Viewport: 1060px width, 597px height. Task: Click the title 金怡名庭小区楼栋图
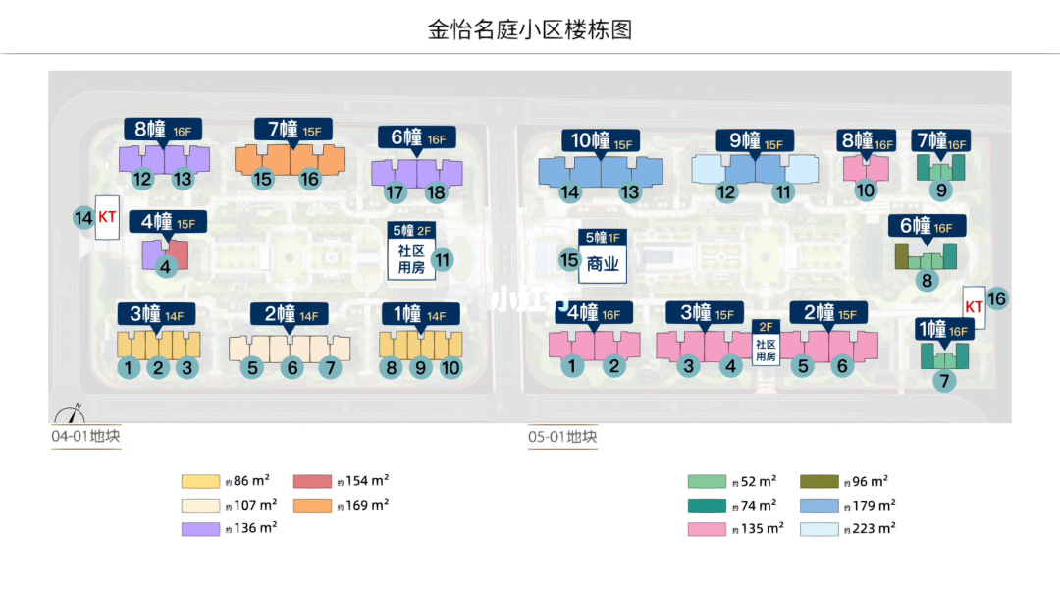coord(530,28)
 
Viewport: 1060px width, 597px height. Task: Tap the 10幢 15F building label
coord(599,140)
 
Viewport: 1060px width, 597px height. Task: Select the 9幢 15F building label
coord(753,140)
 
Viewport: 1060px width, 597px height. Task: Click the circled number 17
coord(395,193)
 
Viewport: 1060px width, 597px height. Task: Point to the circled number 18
coord(436,193)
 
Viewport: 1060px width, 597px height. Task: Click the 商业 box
coord(603,264)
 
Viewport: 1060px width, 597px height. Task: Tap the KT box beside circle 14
coord(107,218)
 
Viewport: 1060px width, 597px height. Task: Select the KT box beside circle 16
coord(974,306)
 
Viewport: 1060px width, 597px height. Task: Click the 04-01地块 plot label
coord(86,437)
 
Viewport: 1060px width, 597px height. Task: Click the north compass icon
coord(70,413)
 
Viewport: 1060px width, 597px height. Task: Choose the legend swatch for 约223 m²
coord(819,529)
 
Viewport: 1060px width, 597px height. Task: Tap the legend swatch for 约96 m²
coord(819,481)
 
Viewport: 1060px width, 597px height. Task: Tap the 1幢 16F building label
coord(942,329)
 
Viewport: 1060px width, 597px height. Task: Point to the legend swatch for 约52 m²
coord(707,481)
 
